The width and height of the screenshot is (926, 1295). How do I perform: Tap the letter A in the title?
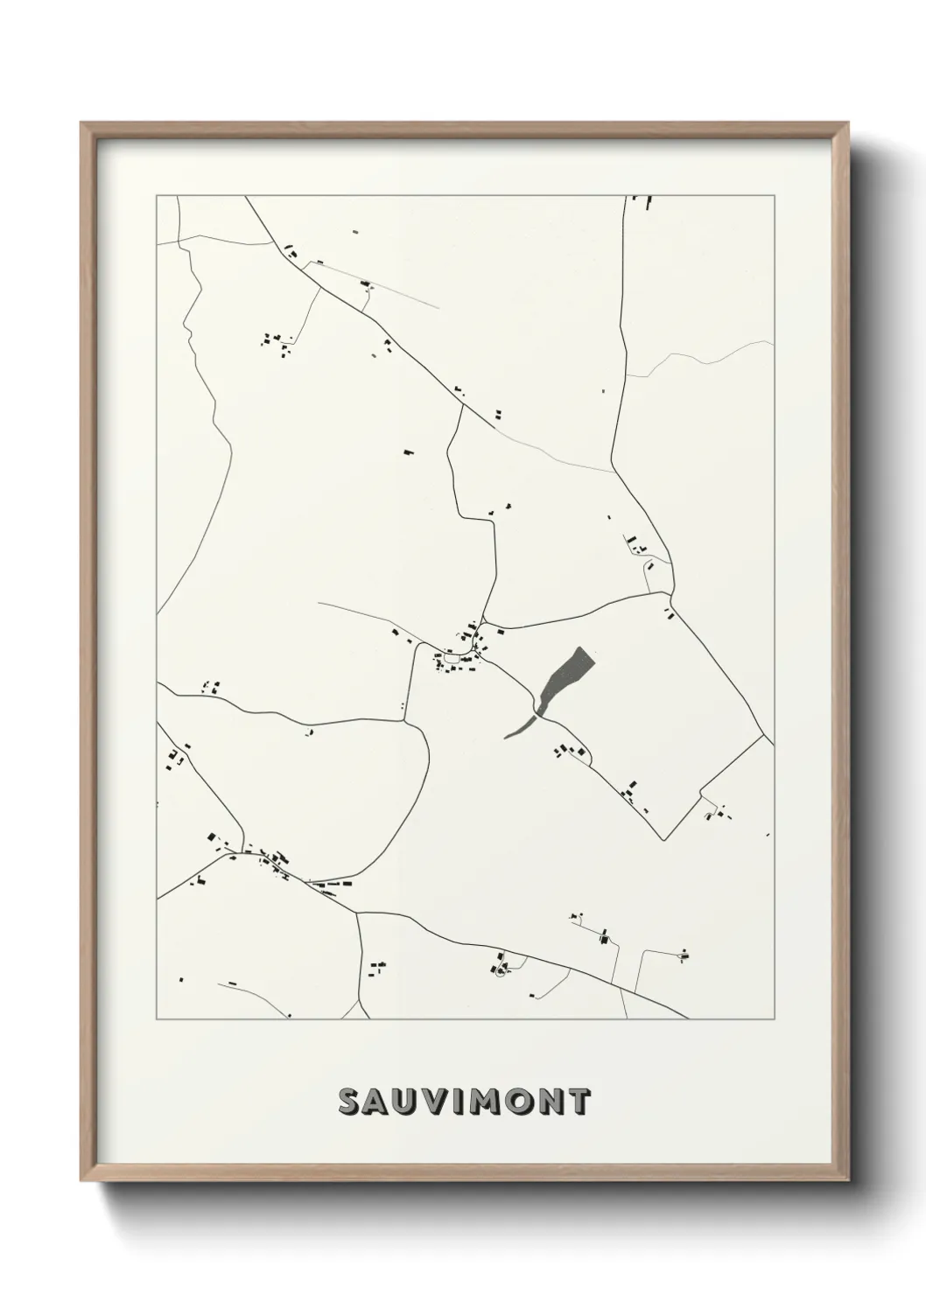[381, 1102]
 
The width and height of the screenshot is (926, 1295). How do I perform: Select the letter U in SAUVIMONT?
[413, 1102]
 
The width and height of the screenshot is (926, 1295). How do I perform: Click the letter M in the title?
[494, 1102]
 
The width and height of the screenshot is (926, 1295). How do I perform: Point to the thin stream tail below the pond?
[518, 728]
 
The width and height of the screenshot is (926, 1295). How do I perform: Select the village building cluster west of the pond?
[459, 652]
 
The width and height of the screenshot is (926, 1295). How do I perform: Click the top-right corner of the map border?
[774, 196]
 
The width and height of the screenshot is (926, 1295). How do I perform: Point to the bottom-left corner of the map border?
[157, 1019]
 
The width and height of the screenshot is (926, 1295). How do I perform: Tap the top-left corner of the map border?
[157, 196]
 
